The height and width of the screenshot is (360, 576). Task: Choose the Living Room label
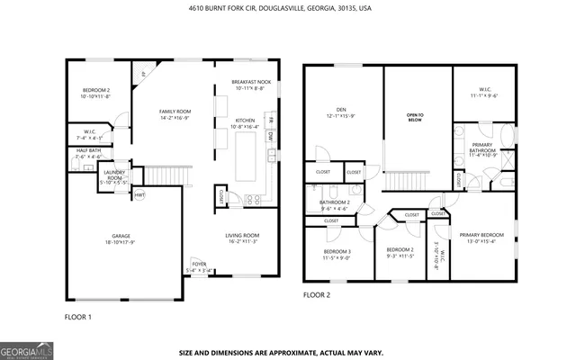click(x=242, y=238)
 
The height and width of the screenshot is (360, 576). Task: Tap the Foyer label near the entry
click(x=197, y=267)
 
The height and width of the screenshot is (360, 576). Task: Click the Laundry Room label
click(x=113, y=175)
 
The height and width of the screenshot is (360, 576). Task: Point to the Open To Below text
click(x=415, y=116)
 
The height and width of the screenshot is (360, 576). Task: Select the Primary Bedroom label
click(x=483, y=237)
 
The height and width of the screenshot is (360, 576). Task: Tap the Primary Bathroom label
click(x=481, y=149)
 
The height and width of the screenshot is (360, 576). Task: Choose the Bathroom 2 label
click(x=335, y=205)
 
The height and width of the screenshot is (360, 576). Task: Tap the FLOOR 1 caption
click(x=77, y=317)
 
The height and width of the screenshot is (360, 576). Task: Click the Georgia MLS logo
click(x=26, y=349)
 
